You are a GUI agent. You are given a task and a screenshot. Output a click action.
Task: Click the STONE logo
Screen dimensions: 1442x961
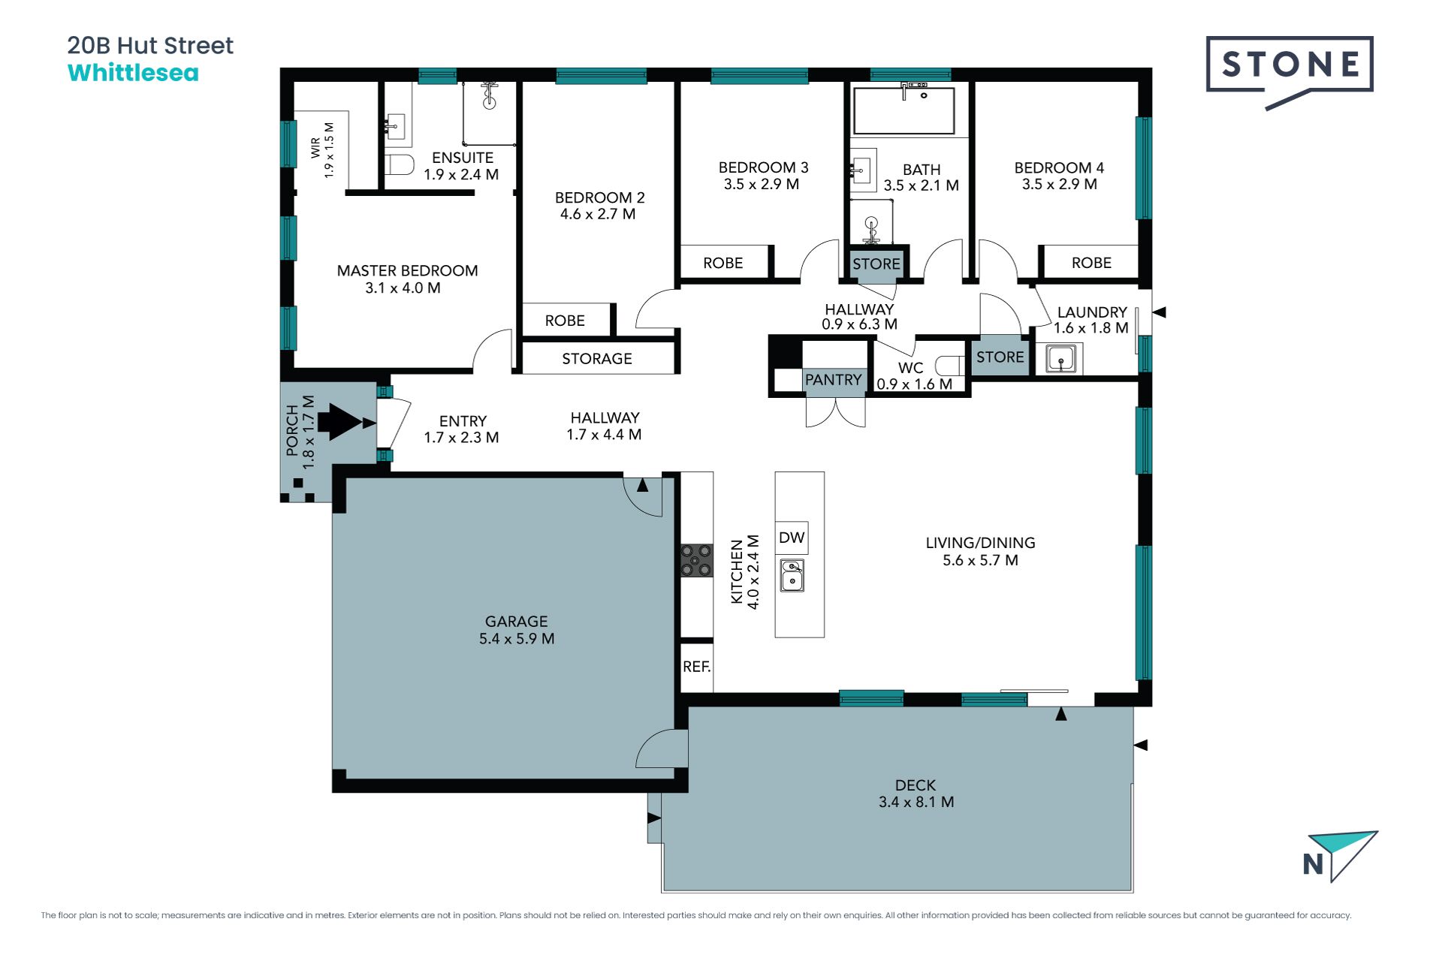[x=1290, y=72]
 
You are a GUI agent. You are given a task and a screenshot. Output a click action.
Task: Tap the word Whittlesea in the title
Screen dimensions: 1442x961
[x=133, y=73]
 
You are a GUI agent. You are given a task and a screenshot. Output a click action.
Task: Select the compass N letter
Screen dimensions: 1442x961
[x=1313, y=864]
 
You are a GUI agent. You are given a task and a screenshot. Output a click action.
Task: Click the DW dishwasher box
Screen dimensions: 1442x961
[x=792, y=538]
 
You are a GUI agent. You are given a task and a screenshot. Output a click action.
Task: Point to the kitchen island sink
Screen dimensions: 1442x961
[x=792, y=575]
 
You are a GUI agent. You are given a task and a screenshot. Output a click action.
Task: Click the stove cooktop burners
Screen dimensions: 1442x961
[x=696, y=561]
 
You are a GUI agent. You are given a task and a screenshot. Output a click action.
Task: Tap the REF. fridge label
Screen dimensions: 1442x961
[x=696, y=667]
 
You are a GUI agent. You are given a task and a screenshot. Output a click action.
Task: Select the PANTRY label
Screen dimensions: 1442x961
[x=833, y=380]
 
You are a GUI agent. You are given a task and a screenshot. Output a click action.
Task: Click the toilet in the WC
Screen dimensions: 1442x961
[x=949, y=366]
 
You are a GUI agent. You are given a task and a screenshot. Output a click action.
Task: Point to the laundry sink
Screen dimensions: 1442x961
[x=1060, y=359]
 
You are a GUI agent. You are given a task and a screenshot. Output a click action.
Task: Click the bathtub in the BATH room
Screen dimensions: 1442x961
[x=904, y=110]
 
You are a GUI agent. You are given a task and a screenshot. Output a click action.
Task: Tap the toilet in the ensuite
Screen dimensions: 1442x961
[x=400, y=164]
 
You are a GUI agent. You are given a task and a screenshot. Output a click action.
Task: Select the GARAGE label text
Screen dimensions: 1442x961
[x=517, y=622]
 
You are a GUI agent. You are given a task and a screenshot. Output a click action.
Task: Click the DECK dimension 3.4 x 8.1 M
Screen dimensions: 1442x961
[x=916, y=802]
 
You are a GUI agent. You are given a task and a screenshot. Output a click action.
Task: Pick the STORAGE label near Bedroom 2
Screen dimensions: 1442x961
[x=597, y=359]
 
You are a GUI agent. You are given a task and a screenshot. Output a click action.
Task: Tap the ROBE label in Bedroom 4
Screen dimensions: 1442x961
[x=1091, y=263]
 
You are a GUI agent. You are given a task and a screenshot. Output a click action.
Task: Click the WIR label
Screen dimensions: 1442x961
[x=315, y=148]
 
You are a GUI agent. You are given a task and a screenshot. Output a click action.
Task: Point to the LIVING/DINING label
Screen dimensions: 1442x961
[x=980, y=543]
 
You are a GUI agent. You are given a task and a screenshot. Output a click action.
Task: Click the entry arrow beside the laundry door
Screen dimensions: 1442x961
[x=1159, y=312]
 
